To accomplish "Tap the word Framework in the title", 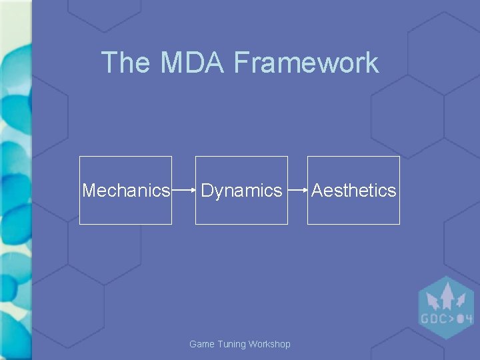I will point(306,63).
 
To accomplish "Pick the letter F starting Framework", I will point(241,63).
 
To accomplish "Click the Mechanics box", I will point(125,190).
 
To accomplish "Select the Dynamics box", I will point(241,190).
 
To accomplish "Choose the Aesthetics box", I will point(353,190).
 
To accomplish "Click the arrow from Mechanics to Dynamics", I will point(183,191).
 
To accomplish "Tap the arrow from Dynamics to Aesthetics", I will point(297,191).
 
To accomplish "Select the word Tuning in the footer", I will point(230,344).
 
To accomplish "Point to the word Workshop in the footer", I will point(269,344).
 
